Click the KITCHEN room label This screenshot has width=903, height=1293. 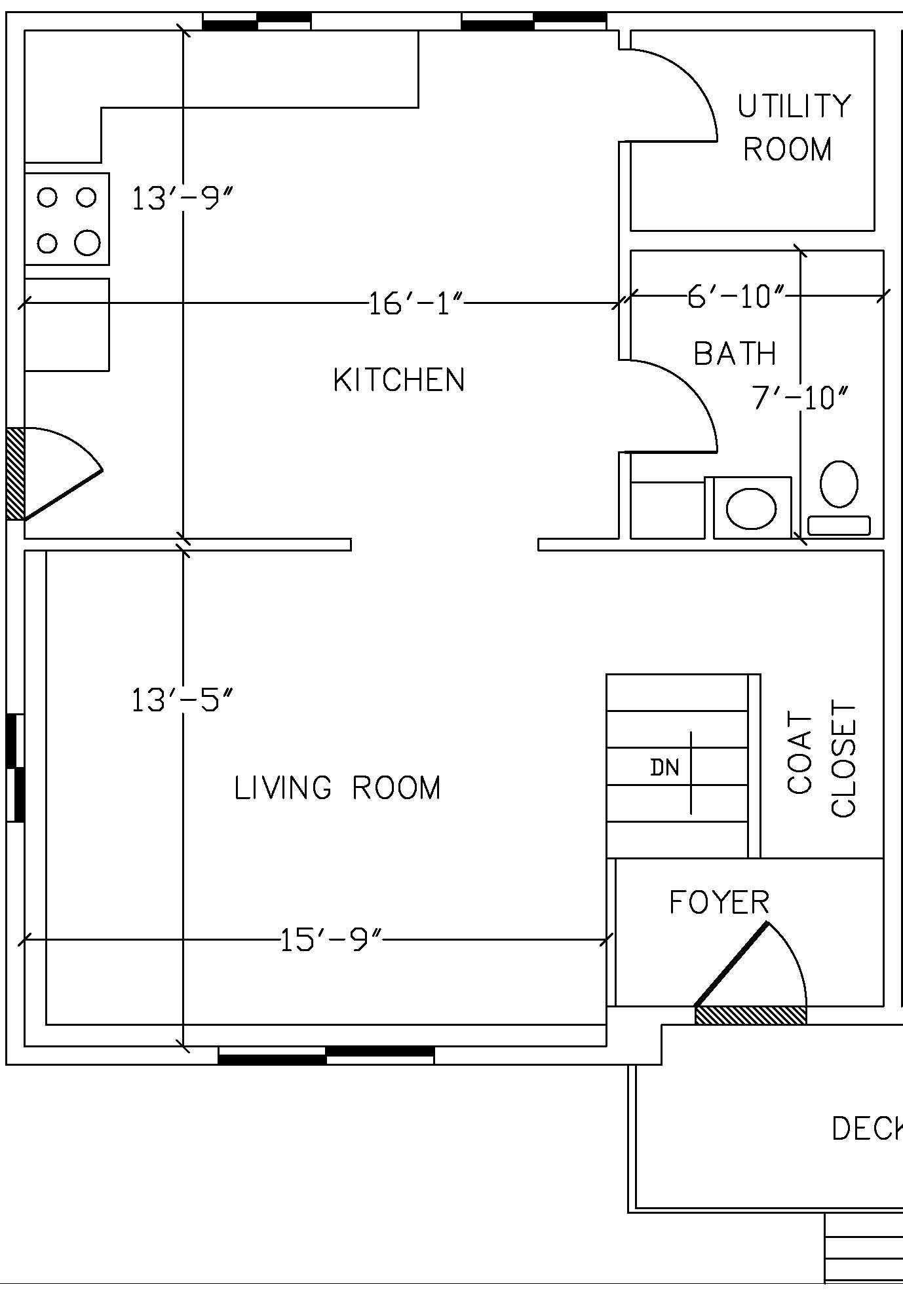(399, 380)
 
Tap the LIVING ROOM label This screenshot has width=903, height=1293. (337, 787)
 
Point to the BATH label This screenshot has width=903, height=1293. (735, 354)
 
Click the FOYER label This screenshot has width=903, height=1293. (719, 902)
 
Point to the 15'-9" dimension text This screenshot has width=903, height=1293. (330, 941)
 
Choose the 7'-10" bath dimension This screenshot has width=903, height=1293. (799, 397)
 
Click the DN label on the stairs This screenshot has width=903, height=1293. (664, 767)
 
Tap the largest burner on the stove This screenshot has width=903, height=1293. (87, 243)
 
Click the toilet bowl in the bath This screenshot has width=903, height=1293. (839, 484)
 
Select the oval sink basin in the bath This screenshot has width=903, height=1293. (751, 509)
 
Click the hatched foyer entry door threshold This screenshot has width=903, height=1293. (750, 1015)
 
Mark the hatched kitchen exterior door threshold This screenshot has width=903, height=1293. (15, 474)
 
